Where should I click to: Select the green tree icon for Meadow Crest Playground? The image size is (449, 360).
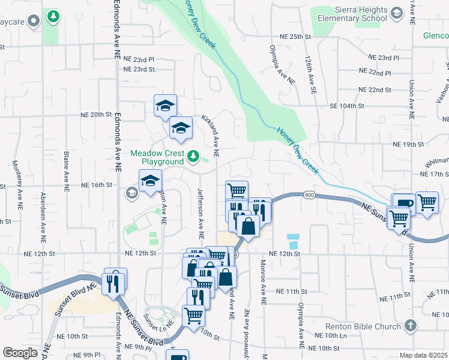pyautogui.click(x=193, y=157)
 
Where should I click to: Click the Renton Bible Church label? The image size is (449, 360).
pyautogui.click(x=363, y=327)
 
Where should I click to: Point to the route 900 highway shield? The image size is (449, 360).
pyautogui.click(x=309, y=195)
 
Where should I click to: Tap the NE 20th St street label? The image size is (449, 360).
pyautogui.click(x=97, y=114)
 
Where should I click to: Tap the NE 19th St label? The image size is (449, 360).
pyautogui.click(x=408, y=145)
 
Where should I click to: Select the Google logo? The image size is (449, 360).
pyautogui.click(x=20, y=353)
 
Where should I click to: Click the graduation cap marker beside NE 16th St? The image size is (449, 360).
pyautogui.click(x=150, y=181)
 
